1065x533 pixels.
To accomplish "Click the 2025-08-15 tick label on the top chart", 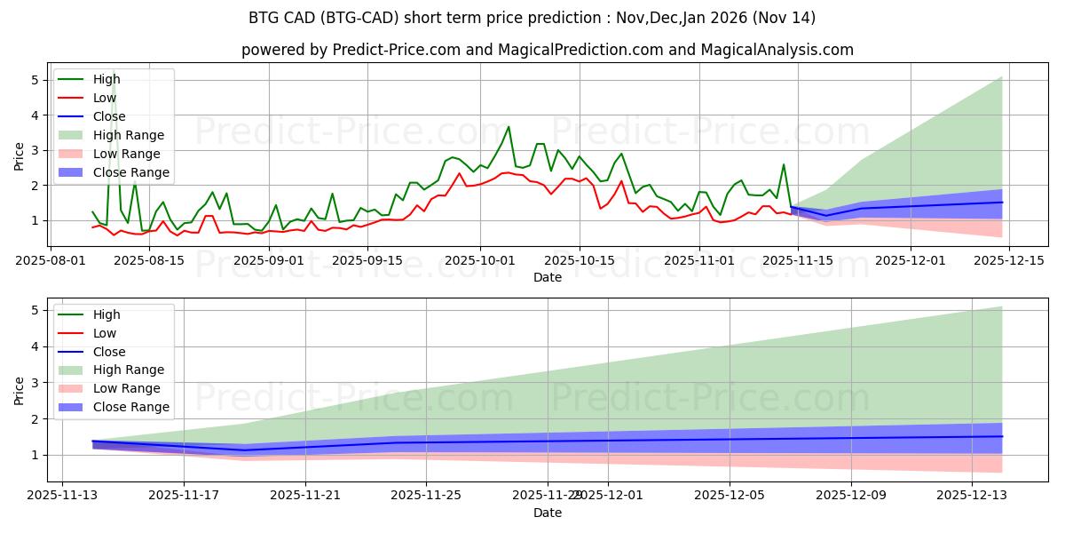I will click(x=149, y=260).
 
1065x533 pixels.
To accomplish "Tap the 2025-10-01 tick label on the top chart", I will click(x=480, y=260).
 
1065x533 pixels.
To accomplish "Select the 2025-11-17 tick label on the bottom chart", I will click(x=184, y=496).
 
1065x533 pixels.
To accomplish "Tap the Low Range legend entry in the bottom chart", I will click(x=127, y=389).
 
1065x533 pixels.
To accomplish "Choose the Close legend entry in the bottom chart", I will click(x=109, y=352).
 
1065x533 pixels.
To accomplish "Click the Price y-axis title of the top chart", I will click(x=20, y=155).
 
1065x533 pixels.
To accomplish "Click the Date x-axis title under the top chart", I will click(x=548, y=277).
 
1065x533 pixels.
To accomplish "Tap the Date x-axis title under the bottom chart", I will click(x=548, y=513).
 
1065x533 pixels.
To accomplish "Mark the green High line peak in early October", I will click(x=509, y=127).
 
